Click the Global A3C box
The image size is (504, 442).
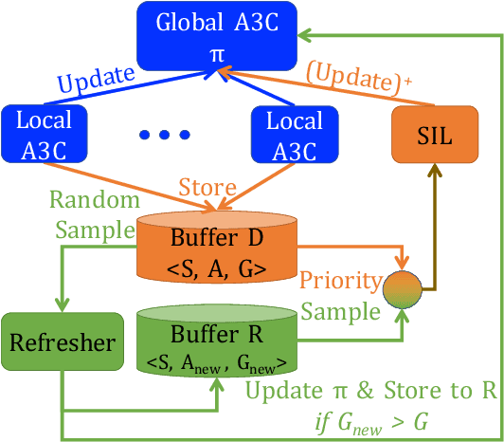pos(218,35)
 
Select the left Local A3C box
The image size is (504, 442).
pos(45,133)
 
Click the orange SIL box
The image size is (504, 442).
pos(436,133)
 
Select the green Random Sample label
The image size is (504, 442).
pos(86,214)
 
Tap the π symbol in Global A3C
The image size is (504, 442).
pos(217,54)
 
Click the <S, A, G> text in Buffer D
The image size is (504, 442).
pos(218,269)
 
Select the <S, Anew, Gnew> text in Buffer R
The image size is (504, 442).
pos(218,362)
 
